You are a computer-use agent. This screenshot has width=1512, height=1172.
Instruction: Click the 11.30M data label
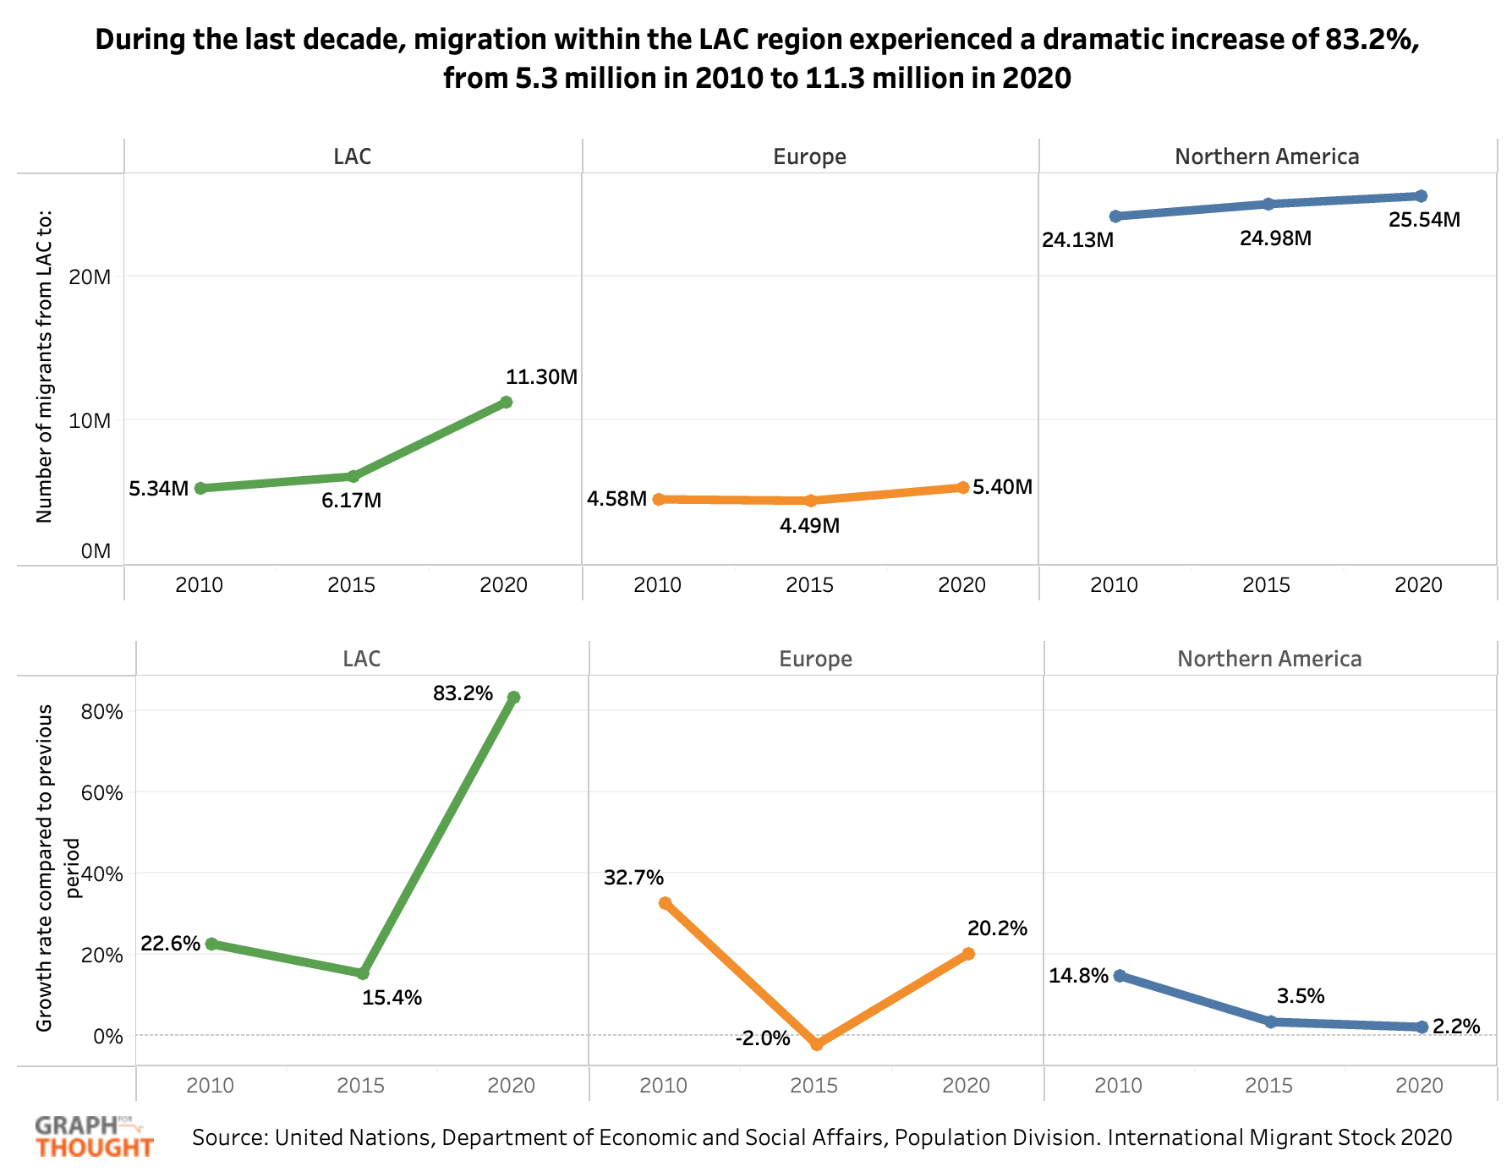click(541, 377)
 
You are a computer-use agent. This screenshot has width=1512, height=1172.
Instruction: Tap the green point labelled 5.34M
click(200, 488)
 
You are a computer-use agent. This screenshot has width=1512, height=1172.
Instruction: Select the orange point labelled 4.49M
click(810, 501)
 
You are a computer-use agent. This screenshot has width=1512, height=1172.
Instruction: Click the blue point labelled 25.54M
click(1421, 196)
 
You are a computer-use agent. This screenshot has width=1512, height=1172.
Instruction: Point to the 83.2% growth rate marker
click(513, 697)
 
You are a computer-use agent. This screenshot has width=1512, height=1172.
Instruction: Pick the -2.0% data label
click(763, 1038)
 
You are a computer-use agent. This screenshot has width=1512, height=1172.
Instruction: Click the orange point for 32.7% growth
click(665, 903)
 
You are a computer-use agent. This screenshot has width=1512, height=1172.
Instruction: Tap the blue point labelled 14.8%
click(1120, 976)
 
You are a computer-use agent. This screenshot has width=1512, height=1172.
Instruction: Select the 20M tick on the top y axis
click(90, 277)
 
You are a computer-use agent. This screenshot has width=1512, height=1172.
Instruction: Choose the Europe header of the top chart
click(809, 156)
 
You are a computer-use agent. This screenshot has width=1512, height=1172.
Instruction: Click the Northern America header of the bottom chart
click(1269, 659)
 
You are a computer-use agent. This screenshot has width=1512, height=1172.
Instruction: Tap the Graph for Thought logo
click(94, 1136)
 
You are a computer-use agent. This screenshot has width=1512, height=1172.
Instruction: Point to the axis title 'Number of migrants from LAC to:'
click(45, 366)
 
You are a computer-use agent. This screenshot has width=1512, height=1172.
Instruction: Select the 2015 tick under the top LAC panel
click(352, 584)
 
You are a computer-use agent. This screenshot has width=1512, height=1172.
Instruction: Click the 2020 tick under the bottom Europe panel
click(966, 1085)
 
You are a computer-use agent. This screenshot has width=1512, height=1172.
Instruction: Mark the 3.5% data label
click(1301, 996)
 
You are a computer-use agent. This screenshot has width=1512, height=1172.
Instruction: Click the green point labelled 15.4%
click(363, 973)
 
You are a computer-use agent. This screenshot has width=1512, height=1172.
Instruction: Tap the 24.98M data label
click(1275, 238)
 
